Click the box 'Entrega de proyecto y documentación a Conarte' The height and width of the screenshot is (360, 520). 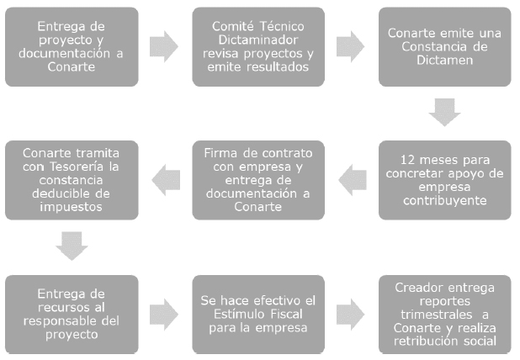(72, 47)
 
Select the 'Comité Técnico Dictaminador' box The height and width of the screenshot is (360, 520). (258, 47)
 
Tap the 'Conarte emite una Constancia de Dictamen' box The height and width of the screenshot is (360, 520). (445, 47)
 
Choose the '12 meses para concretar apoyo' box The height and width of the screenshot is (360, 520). (445, 180)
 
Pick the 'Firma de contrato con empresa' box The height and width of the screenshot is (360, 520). (258, 180)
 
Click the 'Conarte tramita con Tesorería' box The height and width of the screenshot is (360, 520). (72, 180)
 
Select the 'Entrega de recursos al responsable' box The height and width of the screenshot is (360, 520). (72, 315)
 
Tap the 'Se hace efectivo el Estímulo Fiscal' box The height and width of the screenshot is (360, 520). (258, 315)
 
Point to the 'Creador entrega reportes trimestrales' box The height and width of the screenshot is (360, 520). (445, 315)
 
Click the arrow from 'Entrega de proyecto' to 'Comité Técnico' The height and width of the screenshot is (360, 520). (164, 47)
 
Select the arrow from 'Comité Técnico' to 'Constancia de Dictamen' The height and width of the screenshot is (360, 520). (351, 47)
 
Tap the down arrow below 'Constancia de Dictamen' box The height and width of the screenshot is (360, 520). (445, 113)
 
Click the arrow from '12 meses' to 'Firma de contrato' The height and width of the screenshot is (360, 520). (353, 180)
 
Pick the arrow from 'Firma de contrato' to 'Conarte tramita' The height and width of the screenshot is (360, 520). (166, 180)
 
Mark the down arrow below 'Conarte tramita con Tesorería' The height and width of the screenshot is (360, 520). (72, 246)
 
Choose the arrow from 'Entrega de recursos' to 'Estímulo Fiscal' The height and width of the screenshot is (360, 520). (164, 315)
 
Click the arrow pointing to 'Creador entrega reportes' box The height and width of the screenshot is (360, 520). (351, 315)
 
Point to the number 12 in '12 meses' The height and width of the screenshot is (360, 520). (407, 160)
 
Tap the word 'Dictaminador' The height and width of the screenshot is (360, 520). (258, 40)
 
